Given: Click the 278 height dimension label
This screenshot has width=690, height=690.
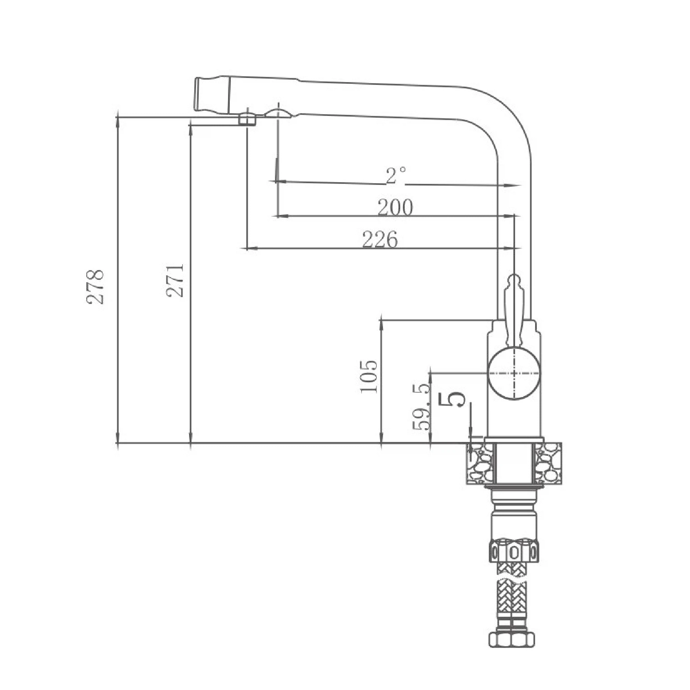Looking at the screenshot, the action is (x=95, y=287).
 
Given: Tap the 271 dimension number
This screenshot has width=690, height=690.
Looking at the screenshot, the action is (x=175, y=281).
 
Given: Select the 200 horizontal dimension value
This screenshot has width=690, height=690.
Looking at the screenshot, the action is (x=395, y=207).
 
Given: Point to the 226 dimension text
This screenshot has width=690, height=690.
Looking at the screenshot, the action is (x=380, y=239).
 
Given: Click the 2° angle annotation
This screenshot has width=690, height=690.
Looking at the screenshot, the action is (x=396, y=175).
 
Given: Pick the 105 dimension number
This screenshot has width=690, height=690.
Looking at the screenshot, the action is (x=368, y=376).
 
